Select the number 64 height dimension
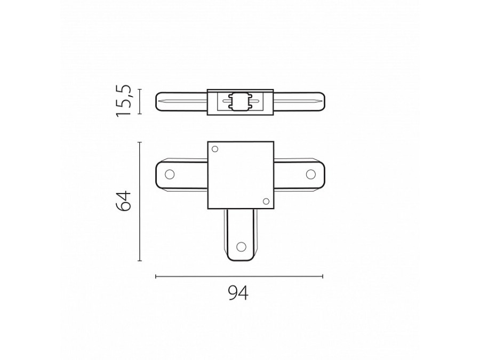click(x=124, y=201)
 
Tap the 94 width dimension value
click(x=238, y=293)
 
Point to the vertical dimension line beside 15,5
click(x=140, y=101)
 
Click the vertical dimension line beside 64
click(x=140, y=201)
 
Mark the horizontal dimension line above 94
click(x=238, y=276)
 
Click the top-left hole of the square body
click(x=215, y=149)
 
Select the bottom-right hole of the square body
click(x=266, y=201)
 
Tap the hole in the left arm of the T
click(x=170, y=174)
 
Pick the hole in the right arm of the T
click(x=310, y=174)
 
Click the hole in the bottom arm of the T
click(x=241, y=246)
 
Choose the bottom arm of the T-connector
click(x=240, y=235)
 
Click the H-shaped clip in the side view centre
click(x=239, y=101)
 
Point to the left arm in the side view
click(x=181, y=101)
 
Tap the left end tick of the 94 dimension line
click(x=155, y=276)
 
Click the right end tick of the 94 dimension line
click(x=323, y=276)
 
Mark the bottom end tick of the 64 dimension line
click(x=140, y=261)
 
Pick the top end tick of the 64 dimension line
click(x=140, y=142)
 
